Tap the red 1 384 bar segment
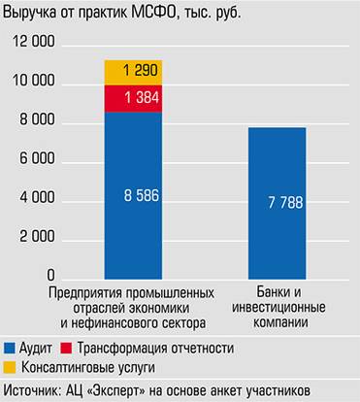click(x=133, y=99)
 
